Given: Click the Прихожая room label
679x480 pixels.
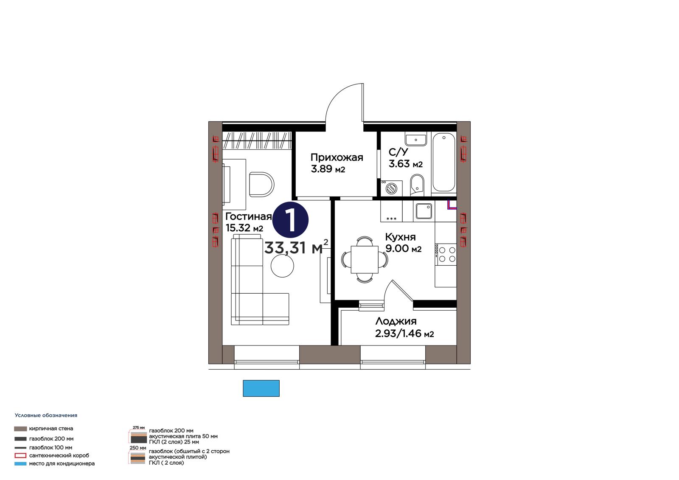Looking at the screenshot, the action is [x=337, y=157].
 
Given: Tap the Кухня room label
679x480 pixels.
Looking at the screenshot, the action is [x=400, y=237].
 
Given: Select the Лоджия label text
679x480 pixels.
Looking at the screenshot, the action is [x=396, y=321].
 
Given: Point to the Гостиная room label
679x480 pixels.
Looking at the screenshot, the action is [x=249, y=216].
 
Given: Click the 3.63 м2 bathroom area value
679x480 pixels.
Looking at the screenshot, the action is [x=406, y=164].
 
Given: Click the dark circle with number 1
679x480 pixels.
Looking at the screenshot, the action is [x=290, y=220].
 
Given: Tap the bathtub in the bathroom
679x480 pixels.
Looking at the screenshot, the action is [x=443, y=163].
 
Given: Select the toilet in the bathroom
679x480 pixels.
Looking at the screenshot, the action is [x=417, y=185].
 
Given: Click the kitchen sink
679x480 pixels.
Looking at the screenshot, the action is [x=424, y=211].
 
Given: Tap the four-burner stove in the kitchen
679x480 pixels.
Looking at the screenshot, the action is [x=446, y=254].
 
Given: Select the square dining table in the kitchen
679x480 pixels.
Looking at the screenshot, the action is [x=365, y=260].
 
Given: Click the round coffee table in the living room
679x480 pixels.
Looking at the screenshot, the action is [x=282, y=266].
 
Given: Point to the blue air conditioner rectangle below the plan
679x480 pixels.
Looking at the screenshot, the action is [x=261, y=388].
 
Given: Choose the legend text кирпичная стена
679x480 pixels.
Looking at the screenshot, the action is [x=51, y=429].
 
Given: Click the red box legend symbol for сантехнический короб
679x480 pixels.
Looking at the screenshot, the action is [x=20, y=455].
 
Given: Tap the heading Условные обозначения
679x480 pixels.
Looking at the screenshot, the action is [x=46, y=415].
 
